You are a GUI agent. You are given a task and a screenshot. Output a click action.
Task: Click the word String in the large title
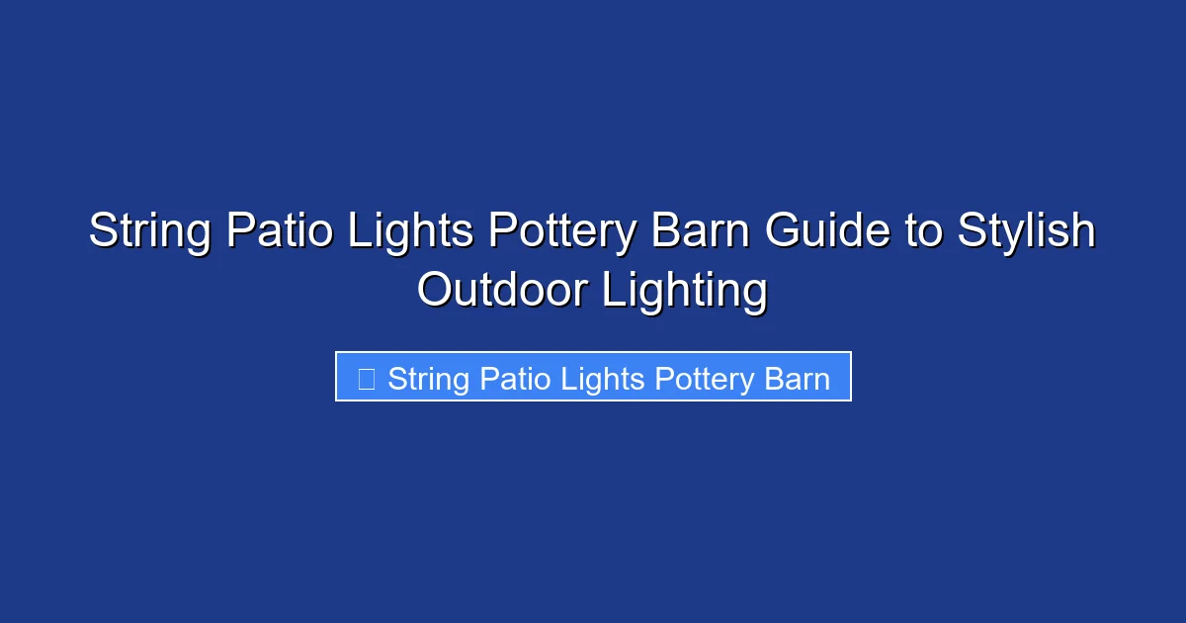(148, 232)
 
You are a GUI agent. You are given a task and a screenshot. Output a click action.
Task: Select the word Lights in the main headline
(404, 232)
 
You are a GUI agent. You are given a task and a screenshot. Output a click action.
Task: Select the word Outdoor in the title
(503, 291)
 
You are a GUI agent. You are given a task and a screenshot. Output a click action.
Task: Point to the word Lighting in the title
(685, 291)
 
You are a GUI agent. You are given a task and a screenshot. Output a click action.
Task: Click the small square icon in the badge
(366, 378)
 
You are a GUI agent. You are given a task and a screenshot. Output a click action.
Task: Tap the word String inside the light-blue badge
(429, 378)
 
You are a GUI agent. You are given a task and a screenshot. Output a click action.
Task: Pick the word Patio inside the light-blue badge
(516, 378)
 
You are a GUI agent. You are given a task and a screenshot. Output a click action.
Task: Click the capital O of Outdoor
(435, 291)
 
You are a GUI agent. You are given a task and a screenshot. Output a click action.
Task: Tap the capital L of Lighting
(612, 291)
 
